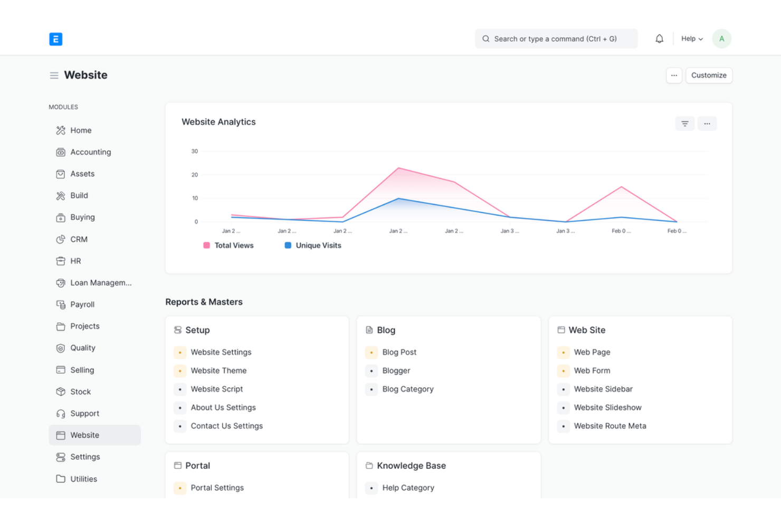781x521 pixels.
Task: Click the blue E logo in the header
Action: point(55,39)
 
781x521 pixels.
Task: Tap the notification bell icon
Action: point(659,39)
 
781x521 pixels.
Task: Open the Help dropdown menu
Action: point(691,39)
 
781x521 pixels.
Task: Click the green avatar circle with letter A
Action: point(721,39)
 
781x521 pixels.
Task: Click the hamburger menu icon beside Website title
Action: point(54,75)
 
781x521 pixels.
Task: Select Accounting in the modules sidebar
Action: point(90,152)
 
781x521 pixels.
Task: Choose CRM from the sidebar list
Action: point(79,239)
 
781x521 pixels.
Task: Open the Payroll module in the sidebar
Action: point(82,305)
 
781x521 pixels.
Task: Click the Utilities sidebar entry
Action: point(83,479)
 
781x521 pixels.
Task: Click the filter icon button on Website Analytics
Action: point(684,124)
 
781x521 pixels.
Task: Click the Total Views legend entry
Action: point(229,245)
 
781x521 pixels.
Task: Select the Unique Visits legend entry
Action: point(313,245)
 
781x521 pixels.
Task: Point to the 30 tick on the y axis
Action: point(195,151)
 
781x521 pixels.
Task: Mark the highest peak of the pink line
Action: point(399,168)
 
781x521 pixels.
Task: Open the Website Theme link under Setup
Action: point(218,371)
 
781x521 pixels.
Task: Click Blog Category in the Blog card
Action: point(408,389)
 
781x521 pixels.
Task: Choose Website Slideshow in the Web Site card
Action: point(607,408)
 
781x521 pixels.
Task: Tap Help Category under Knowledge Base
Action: point(408,488)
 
